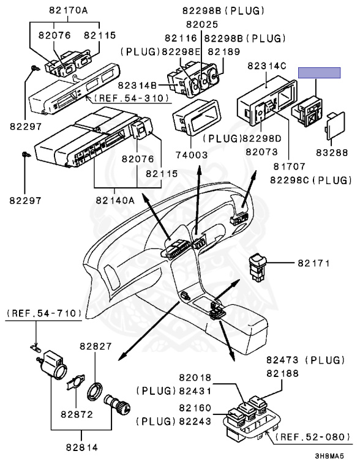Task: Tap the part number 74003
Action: [x=188, y=155]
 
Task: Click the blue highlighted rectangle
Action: [x=319, y=73]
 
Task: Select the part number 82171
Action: [x=314, y=263]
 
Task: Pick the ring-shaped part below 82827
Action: [x=96, y=389]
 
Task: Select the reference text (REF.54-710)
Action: [x=44, y=313]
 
